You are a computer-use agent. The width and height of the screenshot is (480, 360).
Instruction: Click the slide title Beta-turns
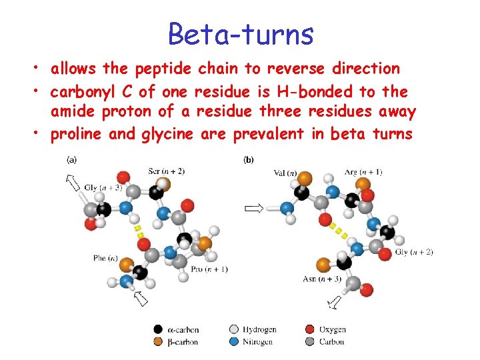(241, 33)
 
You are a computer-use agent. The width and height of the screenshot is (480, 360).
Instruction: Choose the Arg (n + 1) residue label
(363, 172)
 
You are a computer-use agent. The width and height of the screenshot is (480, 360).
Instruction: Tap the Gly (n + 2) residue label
(414, 252)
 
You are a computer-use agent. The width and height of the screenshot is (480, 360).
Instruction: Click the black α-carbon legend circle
(158, 329)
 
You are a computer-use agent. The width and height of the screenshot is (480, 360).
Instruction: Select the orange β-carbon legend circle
(158, 341)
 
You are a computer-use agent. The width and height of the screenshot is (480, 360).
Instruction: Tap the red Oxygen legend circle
(309, 329)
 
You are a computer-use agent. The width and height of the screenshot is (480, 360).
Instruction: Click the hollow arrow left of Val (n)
(253, 209)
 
